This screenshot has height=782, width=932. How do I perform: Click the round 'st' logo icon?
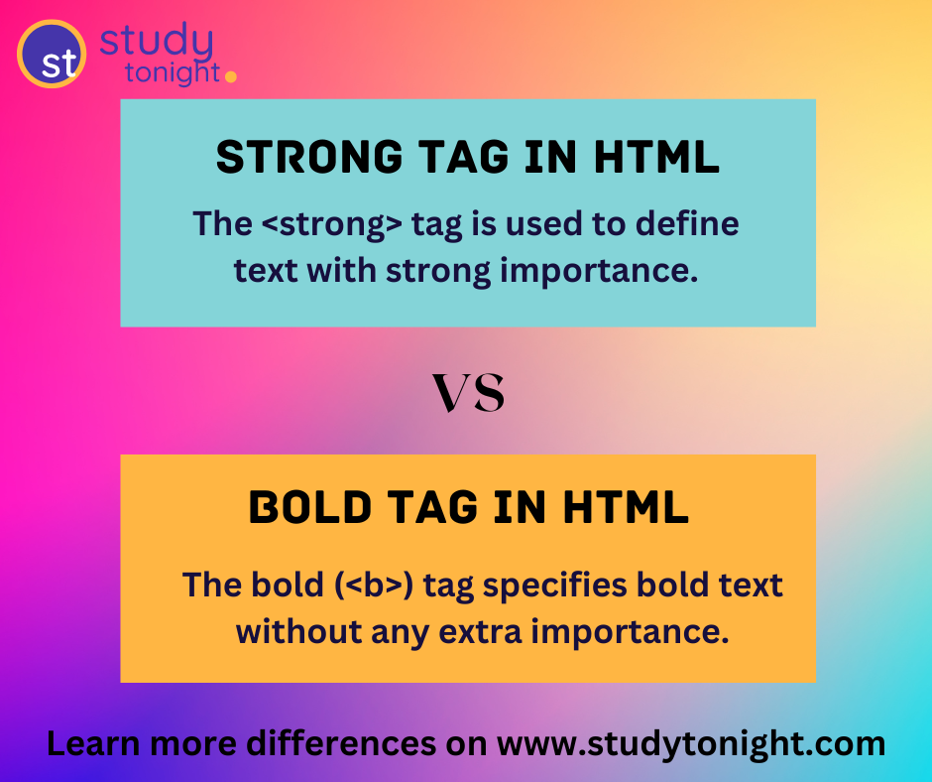tap(52, 54)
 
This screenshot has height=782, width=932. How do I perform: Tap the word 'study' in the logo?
tap(157, 43)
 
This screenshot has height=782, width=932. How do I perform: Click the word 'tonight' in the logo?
tap(173, 72)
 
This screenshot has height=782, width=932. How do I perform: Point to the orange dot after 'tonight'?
tap(231, 75)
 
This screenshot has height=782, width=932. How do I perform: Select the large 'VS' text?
tap(468, 393)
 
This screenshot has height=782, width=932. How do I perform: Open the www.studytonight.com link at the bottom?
tap(690, 743)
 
